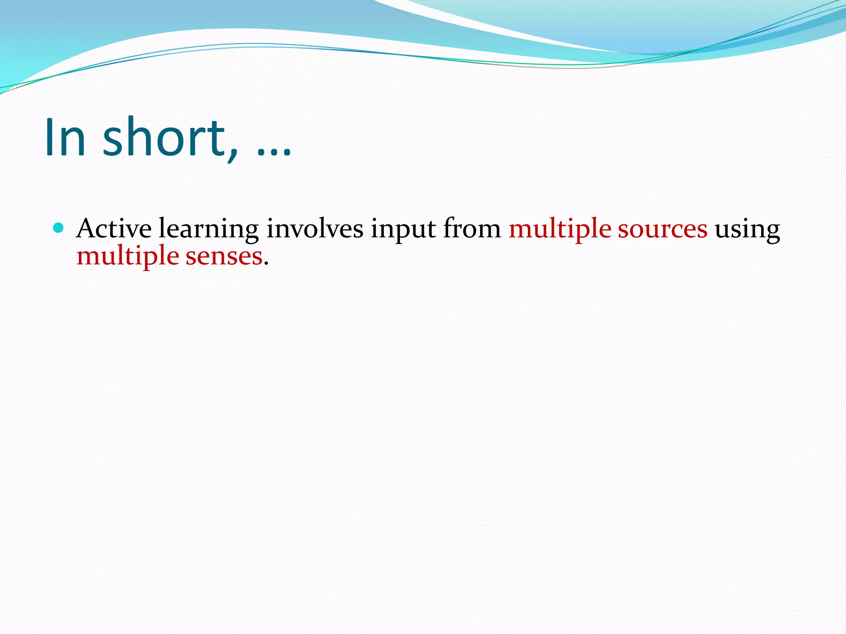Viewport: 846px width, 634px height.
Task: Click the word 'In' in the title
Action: (65, 137)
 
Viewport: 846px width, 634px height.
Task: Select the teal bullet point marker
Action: (59, 227)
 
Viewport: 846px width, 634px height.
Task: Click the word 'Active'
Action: (114, 228)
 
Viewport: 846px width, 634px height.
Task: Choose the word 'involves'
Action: (315, 228)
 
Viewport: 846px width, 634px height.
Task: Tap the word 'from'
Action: (472, 228)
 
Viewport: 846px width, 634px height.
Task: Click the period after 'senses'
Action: (266, 263)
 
